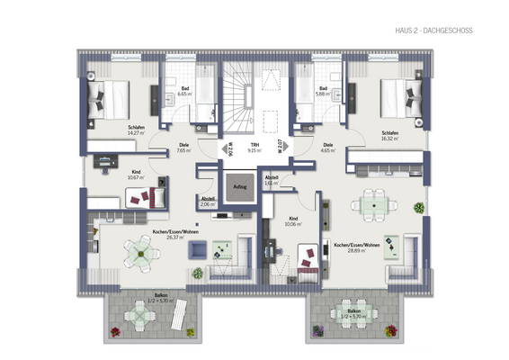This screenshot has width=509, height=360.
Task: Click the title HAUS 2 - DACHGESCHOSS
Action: (433, 31)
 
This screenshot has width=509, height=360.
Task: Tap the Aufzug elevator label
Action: (239, 187)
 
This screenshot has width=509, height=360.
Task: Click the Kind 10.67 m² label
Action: (137, 175)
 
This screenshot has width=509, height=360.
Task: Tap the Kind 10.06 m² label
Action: (292, 220)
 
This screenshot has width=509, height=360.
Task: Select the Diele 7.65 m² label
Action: (183, 148)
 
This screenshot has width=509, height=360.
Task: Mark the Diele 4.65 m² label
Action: (327, 148)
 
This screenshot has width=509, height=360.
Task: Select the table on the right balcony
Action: (347, 316)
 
